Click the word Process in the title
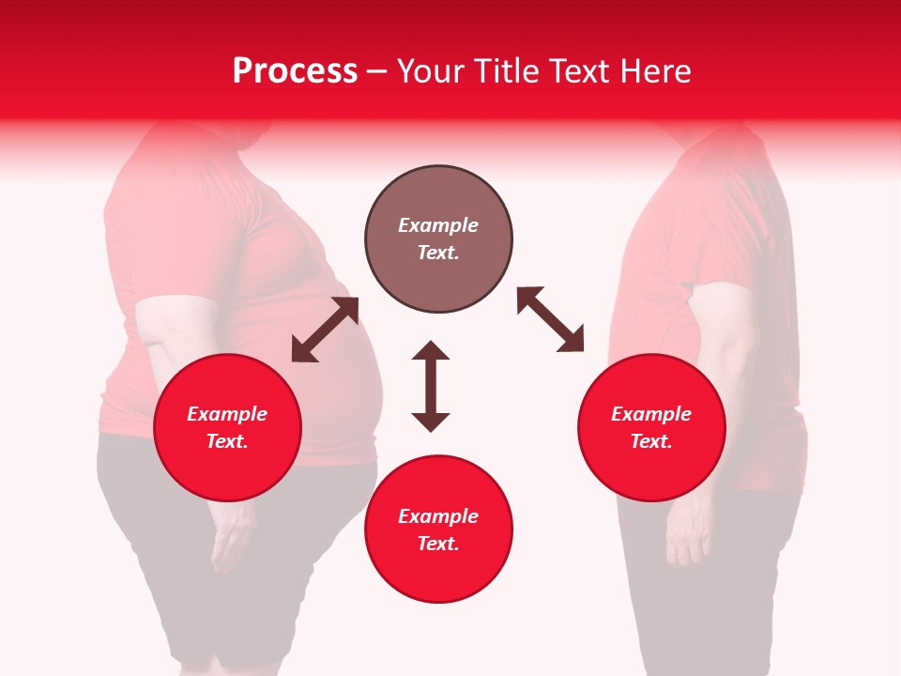click(295, 71)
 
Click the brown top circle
click(438, 239)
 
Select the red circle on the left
click(227, 428)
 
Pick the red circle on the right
click(651, 428)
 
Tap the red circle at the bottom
click(438, 530)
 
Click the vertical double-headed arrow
click(431, 386)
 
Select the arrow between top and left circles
click(326, 330)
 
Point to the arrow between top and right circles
click(550, 319)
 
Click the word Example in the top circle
click(438, 225)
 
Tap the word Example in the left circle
click(227, 414)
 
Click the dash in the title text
click(377, 72)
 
